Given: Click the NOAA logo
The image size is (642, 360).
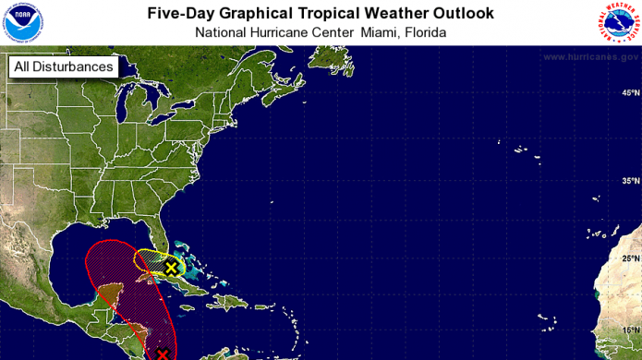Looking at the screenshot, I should point(22,22).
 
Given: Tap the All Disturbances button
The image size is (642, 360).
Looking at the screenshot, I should point(64,66).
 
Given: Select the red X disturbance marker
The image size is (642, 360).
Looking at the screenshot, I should point(164,354).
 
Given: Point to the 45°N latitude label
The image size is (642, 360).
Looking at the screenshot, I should point(630,93).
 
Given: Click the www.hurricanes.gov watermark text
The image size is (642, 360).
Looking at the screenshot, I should point(590,57).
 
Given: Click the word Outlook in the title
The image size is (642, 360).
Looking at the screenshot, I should point(459,13).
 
